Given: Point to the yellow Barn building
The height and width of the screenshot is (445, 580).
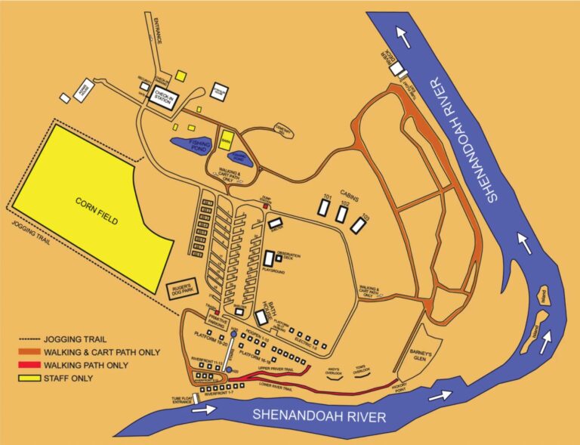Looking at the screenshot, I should (226, 140).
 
